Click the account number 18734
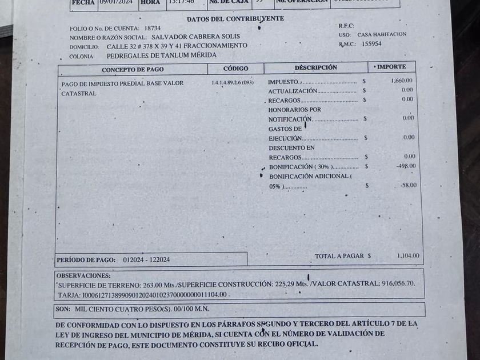click(153, 27)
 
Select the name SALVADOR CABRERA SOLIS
click(195, 37)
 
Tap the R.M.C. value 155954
click(373, 43)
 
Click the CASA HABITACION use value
click(382, 34)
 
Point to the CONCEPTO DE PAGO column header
click(133, 70)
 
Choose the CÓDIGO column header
click(235, 69)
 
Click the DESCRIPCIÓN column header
click(315, 67)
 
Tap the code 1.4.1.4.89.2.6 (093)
click(232, 82)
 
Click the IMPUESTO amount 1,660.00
click(402, 81)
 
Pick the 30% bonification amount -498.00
click(406, 166)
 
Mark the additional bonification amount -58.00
click(408, 185)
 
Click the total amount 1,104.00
click(408, 256)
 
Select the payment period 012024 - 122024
click(146, 260)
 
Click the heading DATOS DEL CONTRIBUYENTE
click(235, 18)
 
